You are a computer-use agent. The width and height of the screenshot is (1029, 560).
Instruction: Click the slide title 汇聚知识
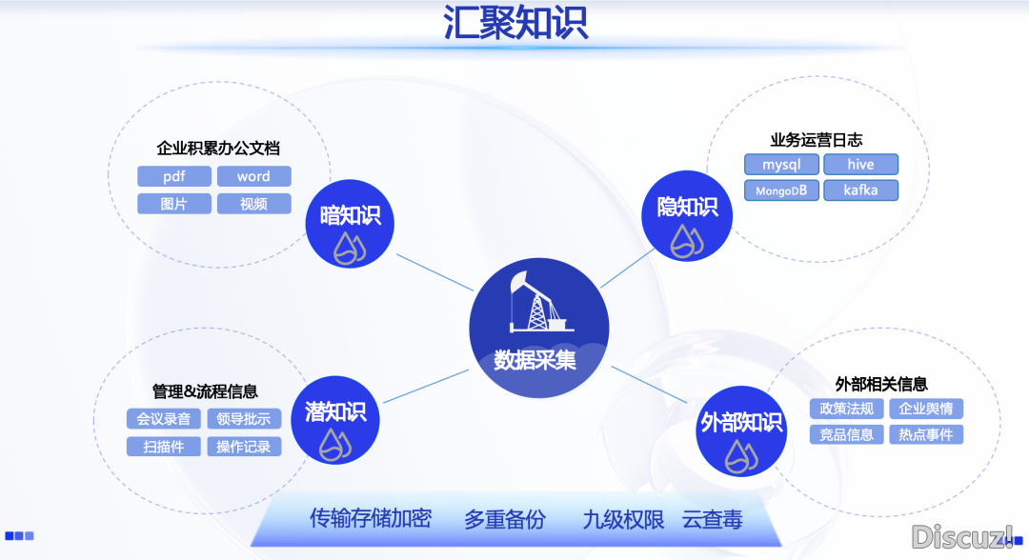pyautogui.click(x=515, y=24)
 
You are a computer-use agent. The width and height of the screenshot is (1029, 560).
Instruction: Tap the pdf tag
pyautogui.click(x=173, y=176)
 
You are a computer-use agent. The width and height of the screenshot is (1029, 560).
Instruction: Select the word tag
pyautogui.click(x=253, y=176)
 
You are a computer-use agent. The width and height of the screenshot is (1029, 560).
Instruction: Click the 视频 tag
pyautogui.click(x=253, y=204)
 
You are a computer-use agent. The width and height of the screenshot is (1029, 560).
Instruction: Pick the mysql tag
pyautogui.click(x=781, y=165)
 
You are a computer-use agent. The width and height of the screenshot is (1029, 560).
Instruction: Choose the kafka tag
pyautogui.click(x=861, y=190)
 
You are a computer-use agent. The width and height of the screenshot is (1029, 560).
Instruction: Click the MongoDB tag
pyautogui.click(x=781, y=190)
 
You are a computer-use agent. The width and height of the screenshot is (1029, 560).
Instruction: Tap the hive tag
pyautogui.click(x=861, y=165)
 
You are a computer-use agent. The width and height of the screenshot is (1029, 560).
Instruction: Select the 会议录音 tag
pyautogui.click(x=163, y=419)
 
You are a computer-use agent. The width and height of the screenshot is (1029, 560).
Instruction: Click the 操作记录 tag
pyautogui.click(x=244, y=446)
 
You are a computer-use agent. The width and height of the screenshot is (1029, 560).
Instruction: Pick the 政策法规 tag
pyautogui.click(x=847, y=409)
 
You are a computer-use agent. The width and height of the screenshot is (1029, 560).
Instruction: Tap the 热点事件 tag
pyautogui.click(x=926, y=434)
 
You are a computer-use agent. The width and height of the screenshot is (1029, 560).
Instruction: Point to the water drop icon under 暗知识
pyautogui.click(x=350, y=248)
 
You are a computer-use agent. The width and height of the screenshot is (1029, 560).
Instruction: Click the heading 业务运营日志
pyautogui.click(x=817, y=140)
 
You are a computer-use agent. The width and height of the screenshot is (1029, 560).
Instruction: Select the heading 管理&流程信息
pyautogui.click(x=205, y=391)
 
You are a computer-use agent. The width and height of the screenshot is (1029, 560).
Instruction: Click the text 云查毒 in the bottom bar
pyautogui.click(x=713, y=520)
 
